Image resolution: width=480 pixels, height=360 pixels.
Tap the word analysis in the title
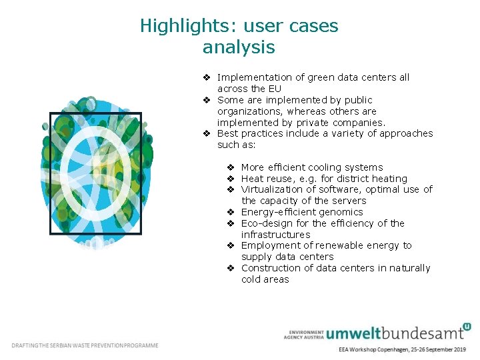click(239, 47)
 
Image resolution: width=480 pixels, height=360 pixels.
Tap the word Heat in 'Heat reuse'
click(252, 179)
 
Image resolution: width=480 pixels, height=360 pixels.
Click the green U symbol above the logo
click(466, 326)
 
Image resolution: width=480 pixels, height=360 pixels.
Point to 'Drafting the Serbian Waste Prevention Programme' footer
click(85, 345)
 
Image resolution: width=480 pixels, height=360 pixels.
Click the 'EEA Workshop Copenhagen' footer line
click(402, 349)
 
